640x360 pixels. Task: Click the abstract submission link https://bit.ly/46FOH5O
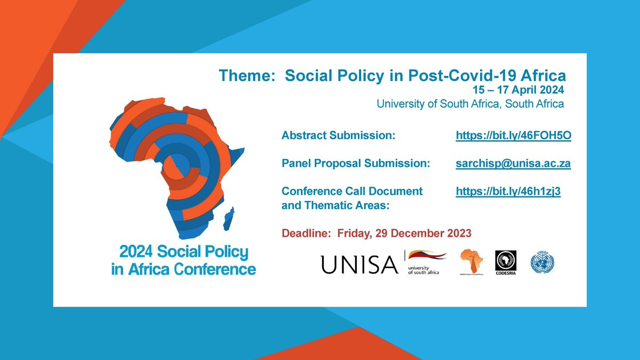(x=513, y=136)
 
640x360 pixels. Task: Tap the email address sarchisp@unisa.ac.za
(x=513, y=164)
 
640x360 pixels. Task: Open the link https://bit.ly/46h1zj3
(x=508, y=191)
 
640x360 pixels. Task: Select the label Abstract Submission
(x=338, y=136)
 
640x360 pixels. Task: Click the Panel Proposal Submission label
(x=355, y=164)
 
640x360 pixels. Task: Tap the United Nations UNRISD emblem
(x=542, y=262)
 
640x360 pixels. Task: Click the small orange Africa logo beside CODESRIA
(x=472, y=260)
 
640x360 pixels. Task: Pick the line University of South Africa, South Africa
(x=470, y=103)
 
